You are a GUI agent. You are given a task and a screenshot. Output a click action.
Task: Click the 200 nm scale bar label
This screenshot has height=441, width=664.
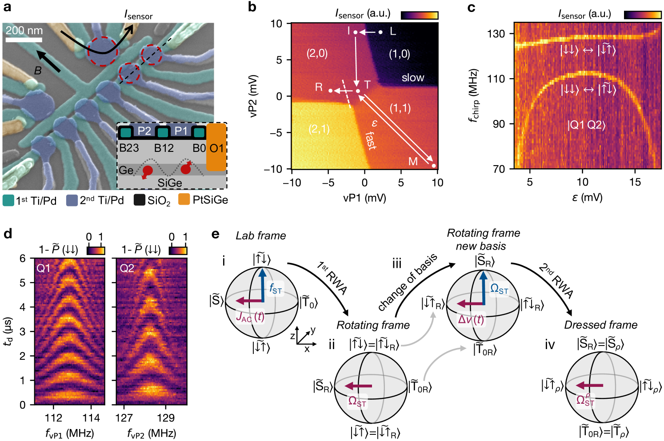[24, 31]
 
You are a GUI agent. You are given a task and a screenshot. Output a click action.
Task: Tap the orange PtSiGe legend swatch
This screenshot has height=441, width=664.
[184, 200]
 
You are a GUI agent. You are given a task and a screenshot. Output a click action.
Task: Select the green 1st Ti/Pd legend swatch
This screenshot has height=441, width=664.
[8, 200]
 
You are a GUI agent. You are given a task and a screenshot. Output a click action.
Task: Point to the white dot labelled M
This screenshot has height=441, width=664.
[434, 166]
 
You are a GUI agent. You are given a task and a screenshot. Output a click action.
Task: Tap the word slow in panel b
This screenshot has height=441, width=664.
[413, 78]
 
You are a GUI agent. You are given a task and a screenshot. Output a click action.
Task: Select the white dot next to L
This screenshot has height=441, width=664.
[380, 32]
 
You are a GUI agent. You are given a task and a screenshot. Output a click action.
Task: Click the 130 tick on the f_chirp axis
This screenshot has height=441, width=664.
[496, 34]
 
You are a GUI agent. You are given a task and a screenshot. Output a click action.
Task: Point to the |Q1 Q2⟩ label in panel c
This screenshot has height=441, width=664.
[586, 125]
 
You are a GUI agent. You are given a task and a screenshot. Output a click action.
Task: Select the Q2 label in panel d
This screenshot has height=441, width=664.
[127, 268]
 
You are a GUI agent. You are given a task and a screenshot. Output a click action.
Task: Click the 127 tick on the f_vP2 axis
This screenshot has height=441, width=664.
[124, 418]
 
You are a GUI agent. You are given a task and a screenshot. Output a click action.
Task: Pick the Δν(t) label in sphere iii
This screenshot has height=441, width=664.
[471, 320]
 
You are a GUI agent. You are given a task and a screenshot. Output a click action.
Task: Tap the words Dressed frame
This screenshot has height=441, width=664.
[600, 325]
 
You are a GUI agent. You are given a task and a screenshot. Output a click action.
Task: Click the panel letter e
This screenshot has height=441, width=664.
[216, 234]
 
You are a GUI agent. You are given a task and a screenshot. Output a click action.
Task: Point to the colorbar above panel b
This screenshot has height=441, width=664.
[419, 15]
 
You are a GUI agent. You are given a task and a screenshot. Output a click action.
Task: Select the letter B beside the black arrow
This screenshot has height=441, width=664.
[38, 71]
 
